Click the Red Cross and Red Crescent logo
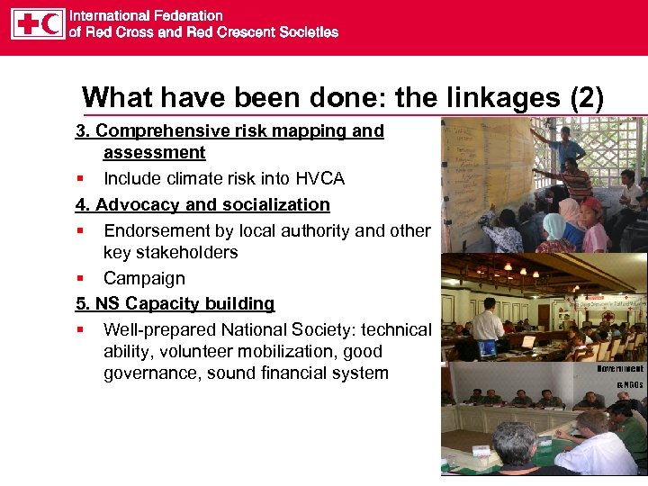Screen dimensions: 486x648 coord(38,23)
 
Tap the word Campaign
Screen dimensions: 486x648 coord(144,278)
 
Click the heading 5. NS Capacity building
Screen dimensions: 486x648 coord(175,303)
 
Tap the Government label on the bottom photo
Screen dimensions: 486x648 coord(621,368)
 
